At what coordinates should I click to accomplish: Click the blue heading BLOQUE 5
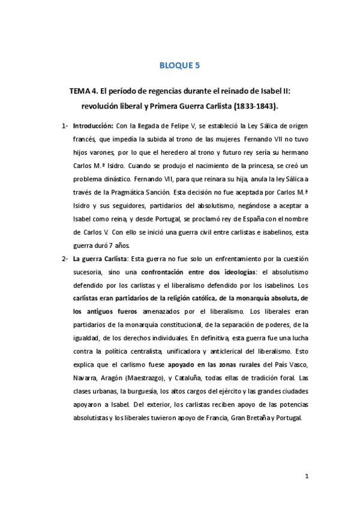[179, 67]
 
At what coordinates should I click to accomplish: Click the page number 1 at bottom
[307, 477]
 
